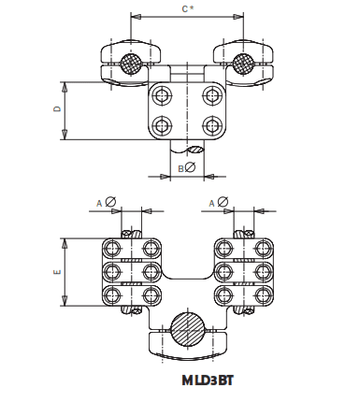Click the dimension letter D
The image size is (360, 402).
coord(57,110)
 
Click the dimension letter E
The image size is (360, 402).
coord(57,271)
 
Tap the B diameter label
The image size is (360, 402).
coord(185,167)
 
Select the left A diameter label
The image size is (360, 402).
coord(106,202)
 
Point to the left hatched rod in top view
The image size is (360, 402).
coord(130,65)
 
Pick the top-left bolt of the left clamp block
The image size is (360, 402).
coord(114,248)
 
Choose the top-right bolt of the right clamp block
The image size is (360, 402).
coord(260,248)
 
